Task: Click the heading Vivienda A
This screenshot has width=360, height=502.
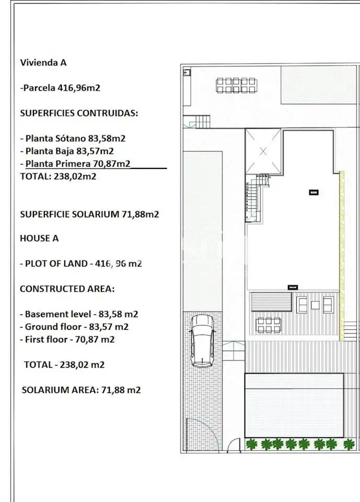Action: (x=43, y=62)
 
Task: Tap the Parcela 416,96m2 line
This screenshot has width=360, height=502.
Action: (x=60, y=88)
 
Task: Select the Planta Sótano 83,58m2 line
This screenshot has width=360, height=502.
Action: (x=73, y=138)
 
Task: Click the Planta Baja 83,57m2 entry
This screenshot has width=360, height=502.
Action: (x=67, y=151)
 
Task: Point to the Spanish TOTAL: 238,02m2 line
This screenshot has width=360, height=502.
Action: (x=58, y=176)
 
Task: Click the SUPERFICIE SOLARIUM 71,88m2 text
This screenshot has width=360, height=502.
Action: (x=89, y=214)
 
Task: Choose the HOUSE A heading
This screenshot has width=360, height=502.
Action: (x=39, y=238)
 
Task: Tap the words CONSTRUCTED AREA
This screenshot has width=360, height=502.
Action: (x=67, y=289)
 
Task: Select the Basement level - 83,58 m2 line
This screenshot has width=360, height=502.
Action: (x=79, y=314)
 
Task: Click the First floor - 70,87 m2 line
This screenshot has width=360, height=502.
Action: (x=67, y=339)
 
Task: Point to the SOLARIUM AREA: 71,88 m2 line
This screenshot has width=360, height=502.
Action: (x=82, y=390)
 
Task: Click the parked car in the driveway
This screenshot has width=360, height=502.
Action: (x=202, y=340)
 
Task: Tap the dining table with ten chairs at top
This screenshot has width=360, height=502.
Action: (x=236, y=85)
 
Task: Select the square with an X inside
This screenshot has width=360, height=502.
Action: (x=263, y=151)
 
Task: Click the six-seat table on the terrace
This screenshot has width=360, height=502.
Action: (x=269, y=325)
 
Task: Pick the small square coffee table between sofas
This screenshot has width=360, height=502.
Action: (x=315, y=305)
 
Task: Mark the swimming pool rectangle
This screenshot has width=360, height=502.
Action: (x=294, y=405)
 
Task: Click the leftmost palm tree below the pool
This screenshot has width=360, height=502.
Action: (x=251, y=444)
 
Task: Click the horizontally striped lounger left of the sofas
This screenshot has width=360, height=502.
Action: (x=271, y=302)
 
